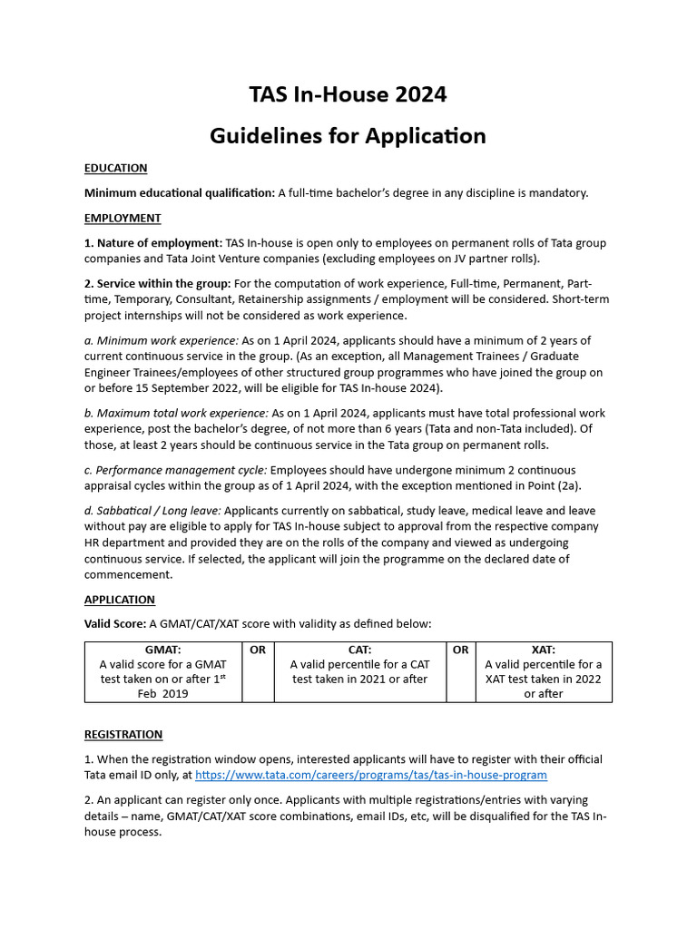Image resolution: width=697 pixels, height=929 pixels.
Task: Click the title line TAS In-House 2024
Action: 348,94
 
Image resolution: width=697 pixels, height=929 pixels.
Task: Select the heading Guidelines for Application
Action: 348,136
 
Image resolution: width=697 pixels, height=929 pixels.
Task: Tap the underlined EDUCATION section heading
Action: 115,168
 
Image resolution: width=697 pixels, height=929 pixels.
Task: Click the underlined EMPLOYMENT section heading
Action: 123,218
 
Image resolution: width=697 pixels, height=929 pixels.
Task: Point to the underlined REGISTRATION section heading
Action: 123,734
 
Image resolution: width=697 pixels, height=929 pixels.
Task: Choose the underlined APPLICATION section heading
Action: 120,600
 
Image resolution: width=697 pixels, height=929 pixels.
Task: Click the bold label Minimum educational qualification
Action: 179,192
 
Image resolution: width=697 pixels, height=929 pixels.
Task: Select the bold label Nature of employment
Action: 153,243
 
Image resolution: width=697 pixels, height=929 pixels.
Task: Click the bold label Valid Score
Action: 115,623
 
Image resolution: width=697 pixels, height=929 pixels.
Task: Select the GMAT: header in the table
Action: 163,650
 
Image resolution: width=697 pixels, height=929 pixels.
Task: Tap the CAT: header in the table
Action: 360,650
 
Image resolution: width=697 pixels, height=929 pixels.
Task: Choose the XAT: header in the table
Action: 543,650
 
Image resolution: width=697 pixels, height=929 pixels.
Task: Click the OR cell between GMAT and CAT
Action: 258,650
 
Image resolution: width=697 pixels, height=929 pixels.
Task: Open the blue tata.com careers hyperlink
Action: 371,775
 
